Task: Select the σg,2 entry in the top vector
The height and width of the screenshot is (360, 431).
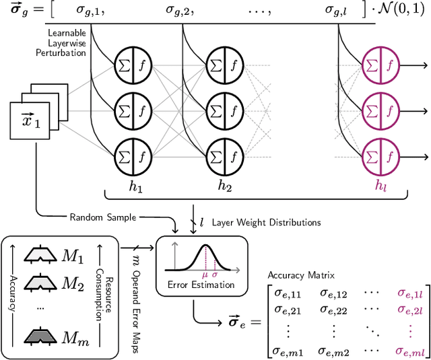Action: pyautogui.click(x=180, y=11)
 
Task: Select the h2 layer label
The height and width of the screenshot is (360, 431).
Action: pyautogui.click(x=224, y=186)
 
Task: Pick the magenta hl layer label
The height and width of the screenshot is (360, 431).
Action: pyautogui.click(x=382, y=186)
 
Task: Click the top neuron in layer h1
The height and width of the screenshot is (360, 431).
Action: pyautogui.click(x=133, y=65)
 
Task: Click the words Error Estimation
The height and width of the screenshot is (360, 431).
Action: pyautogui.click(x=201, y=285)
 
